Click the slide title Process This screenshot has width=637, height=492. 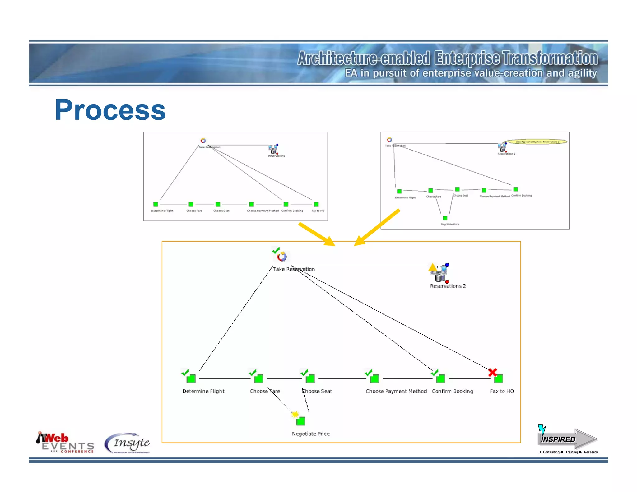(x=110, y=110)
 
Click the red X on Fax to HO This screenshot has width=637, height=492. (x=492, y=372)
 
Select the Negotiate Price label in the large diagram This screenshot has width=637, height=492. (x=310, y=434)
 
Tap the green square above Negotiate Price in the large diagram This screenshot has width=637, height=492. (x=300, y=421)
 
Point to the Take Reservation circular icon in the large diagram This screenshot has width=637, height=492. (x=281, y=257)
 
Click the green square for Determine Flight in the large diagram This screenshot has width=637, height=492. (x=191, y=378)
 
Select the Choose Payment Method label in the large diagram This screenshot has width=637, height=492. (x=396, y=391)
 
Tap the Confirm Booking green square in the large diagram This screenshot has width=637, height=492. (x=440, y=378)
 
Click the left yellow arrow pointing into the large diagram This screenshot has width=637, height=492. (x=316, y=234)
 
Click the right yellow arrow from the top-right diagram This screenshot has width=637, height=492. (x=377, y=227)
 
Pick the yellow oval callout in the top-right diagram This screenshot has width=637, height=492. (x=535, y=142)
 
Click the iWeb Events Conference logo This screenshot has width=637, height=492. (x=65, y=443)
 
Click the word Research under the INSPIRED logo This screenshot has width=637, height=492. (x=591, y=452)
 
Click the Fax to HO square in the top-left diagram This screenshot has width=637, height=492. (x=316, y=204)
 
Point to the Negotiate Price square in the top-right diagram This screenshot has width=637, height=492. (x=445, y=218)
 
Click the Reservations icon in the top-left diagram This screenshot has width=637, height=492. (x=273, y=149)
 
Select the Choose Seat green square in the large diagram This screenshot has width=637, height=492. (x=310, y=378)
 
